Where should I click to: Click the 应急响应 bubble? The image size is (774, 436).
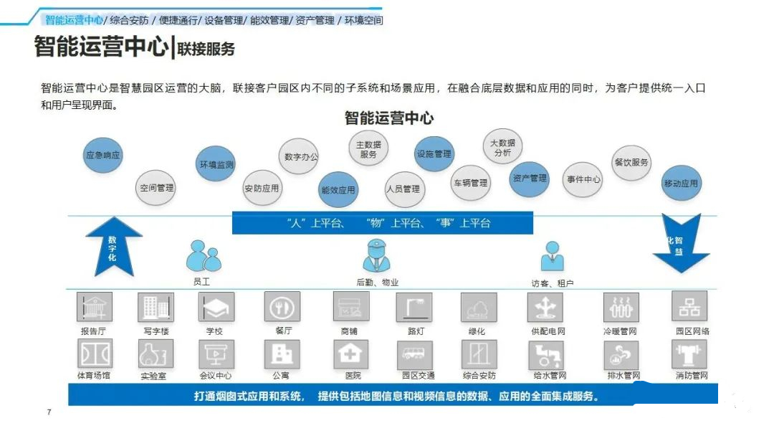click(x=102, y=155)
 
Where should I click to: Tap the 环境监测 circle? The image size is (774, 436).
click(x=216, y=164)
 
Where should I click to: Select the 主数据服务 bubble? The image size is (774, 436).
click(x=368, y=148)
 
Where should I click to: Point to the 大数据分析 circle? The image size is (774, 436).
click(x=502, y=147)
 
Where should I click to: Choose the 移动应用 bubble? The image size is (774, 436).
click(x=681, y=183)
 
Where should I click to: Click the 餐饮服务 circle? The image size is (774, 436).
click(x=631, y=163)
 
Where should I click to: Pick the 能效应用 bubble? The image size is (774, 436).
click(x=338, y=189)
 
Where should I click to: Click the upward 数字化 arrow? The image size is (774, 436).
click(x=113, y=247)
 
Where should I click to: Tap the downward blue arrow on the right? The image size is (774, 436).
click(x=682, y=243)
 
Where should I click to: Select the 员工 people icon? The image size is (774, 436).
click(x=204, y=256)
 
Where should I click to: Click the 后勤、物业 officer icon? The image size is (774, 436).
click(x=377, y=255)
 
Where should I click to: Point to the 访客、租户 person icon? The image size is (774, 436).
click(x=552, y=256)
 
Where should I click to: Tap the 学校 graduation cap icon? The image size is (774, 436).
click(x=216, y=307)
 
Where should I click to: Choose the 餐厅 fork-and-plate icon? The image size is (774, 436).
click(x=282, y=307)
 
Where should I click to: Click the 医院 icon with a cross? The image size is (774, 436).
click(x=350, y=354)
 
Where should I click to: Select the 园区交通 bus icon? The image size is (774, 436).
click(x=415, y=354)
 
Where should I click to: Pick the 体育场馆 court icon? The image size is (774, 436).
click(x=95, y=354)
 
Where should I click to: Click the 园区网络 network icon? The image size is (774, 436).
click(x=689, y=306)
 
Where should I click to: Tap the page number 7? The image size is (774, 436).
click(x=49, y=412)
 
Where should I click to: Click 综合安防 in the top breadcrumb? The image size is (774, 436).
click(x=129, y=20)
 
